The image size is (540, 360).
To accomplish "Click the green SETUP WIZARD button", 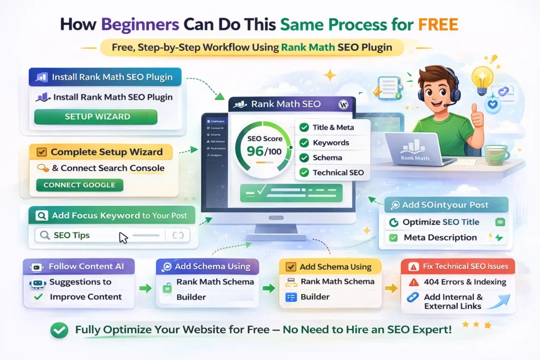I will click(x=95, y=117).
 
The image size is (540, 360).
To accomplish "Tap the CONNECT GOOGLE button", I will click(x=80, y=185).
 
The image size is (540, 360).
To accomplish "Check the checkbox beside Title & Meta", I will click(x=304, y=128).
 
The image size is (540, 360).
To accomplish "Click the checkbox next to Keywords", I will click(x=304, y=143).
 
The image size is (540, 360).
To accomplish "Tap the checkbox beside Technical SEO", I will click(x=304, y=172).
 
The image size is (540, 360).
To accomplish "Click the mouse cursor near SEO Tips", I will click(x=123, y=237).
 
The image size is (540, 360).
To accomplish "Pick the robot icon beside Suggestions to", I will click(x=37, y=283).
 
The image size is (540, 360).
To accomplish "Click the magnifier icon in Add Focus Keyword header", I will click(x=41, y=216).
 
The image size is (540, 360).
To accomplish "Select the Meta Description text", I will click(x=440, y=238).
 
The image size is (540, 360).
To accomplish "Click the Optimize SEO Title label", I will click(x=441, y=222).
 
